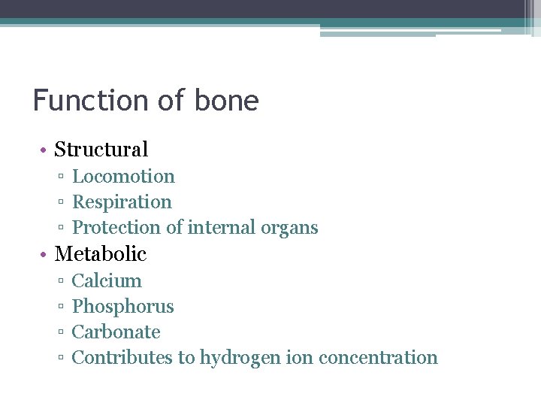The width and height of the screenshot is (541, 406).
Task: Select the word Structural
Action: click(x=101, y=150)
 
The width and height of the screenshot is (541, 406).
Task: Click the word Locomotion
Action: click(x=123, y=177)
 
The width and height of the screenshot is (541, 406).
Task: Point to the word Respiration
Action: click(x=122, y=202)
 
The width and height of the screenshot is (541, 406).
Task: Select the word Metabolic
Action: click(x=101, y=254)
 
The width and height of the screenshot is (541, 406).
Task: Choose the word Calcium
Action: click(x=107, y=281)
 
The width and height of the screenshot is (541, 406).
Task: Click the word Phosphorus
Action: click(x=122, y=307)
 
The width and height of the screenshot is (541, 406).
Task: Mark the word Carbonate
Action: click(x=116, y=332)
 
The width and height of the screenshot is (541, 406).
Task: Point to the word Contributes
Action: click(x=122, y=358)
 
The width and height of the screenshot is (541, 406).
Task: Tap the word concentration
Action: click(x=378, y=358)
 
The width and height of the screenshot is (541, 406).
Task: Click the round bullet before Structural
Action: click(x=45, y=150)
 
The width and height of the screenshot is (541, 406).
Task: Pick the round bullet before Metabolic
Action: click(x=45, y=255)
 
